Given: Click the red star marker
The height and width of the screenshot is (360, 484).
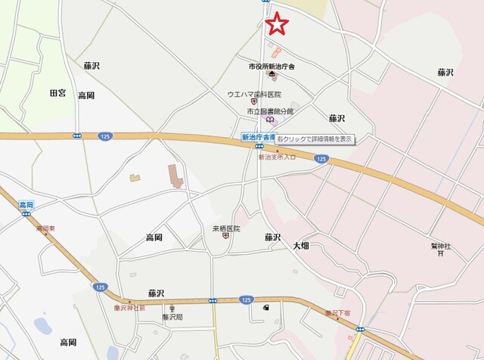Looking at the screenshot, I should coord(278,24).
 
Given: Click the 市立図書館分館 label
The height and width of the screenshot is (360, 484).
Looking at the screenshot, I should coord(270,110).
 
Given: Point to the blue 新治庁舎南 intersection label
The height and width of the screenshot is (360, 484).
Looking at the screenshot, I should coord(257,137).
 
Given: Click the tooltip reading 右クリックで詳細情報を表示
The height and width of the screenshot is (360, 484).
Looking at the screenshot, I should coord(315,139).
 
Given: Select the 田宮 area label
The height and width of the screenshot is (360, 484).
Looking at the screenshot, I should coord(58,93).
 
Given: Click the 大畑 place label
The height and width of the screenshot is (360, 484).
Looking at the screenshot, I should coord(301,246).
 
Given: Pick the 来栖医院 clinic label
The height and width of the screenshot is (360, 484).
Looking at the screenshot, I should coord(225,228).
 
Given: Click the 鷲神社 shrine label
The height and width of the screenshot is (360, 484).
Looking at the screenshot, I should coord(441,246).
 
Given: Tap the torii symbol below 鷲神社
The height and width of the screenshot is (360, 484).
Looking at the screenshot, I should coord(441,254).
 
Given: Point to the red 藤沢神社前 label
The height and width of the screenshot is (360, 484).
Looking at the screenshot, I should coord(129,308).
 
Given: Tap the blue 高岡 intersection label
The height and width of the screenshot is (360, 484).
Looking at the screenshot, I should coord(26,205).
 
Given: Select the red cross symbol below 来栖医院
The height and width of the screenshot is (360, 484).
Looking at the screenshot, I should coord(225,236).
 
